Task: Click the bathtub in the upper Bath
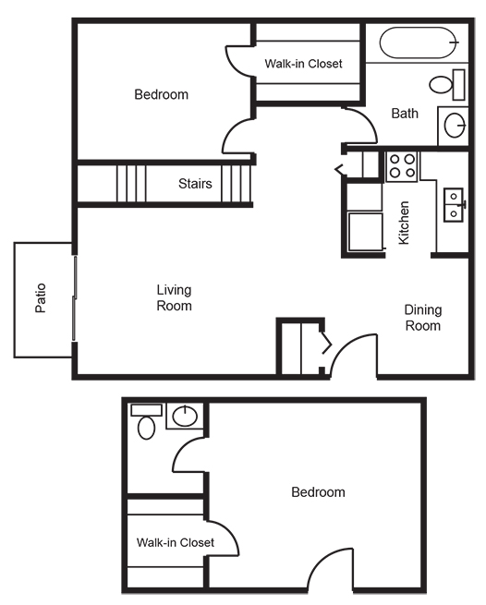click(x=419, y=42)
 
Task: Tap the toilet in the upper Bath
click(x=447, y=84)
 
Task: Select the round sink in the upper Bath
click(x=455, y=125)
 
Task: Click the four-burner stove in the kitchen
click(x=402, y=166)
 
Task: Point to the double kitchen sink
click(x=454, y=205)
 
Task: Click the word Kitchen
click(x=404, y=223)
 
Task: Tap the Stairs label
click(x=195, y=183)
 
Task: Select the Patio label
click(x=41, y=297)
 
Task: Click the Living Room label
click(x=174, y=297)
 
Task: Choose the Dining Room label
click(x=423, y=318)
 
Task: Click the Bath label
click(x=405, y=114)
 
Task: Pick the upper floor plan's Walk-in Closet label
click(x=303, y=64)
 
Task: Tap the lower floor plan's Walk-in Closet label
click(x=176, y=542)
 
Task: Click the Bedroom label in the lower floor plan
click(x=318, y=492)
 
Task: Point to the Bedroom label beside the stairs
click(x=162, y=94)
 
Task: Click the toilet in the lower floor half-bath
click(x=146, y=421)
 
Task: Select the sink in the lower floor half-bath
click(x=185, y=416)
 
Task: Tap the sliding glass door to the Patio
click(x=75, y=297)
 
